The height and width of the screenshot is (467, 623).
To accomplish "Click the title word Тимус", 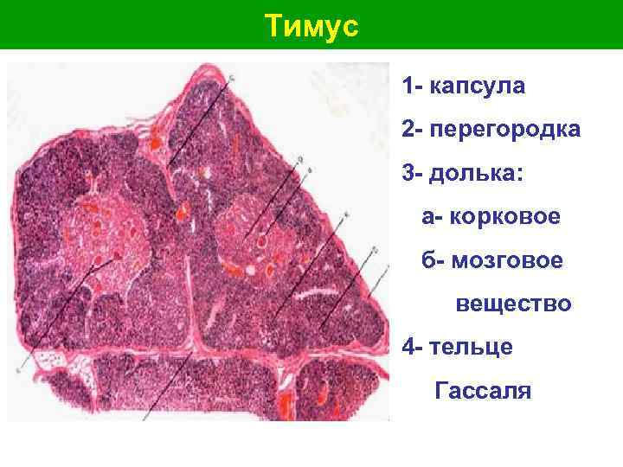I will tap(311, 27).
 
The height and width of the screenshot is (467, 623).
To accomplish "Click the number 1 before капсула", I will tap(407, 87).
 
